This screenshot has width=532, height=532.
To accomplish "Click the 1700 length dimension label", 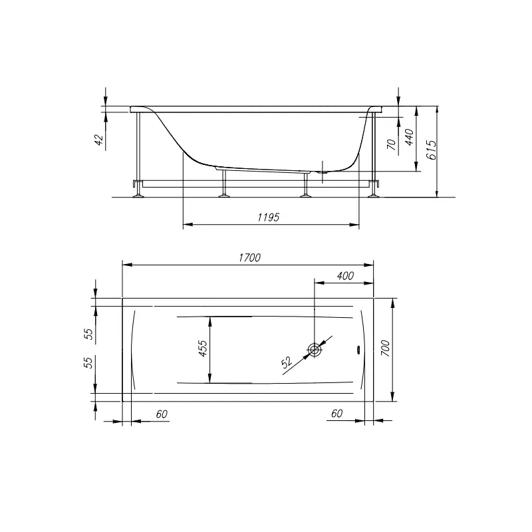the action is tap(249, 258).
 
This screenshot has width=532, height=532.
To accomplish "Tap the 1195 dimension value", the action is tap(269, 217).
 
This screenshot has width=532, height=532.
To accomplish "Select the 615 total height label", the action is tap(431, 150).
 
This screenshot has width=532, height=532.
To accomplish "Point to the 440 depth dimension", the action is tap(410, 137).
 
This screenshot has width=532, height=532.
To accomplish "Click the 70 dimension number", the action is tap(392, 144).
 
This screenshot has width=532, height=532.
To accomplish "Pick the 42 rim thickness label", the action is tap(98, 140).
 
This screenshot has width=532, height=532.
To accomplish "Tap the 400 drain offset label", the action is tap(345, 276).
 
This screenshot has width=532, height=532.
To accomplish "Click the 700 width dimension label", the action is tap(386, 348).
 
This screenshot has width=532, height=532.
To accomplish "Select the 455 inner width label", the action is tap(203, 348).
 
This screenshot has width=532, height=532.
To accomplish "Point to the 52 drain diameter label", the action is tap(287, 362).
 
